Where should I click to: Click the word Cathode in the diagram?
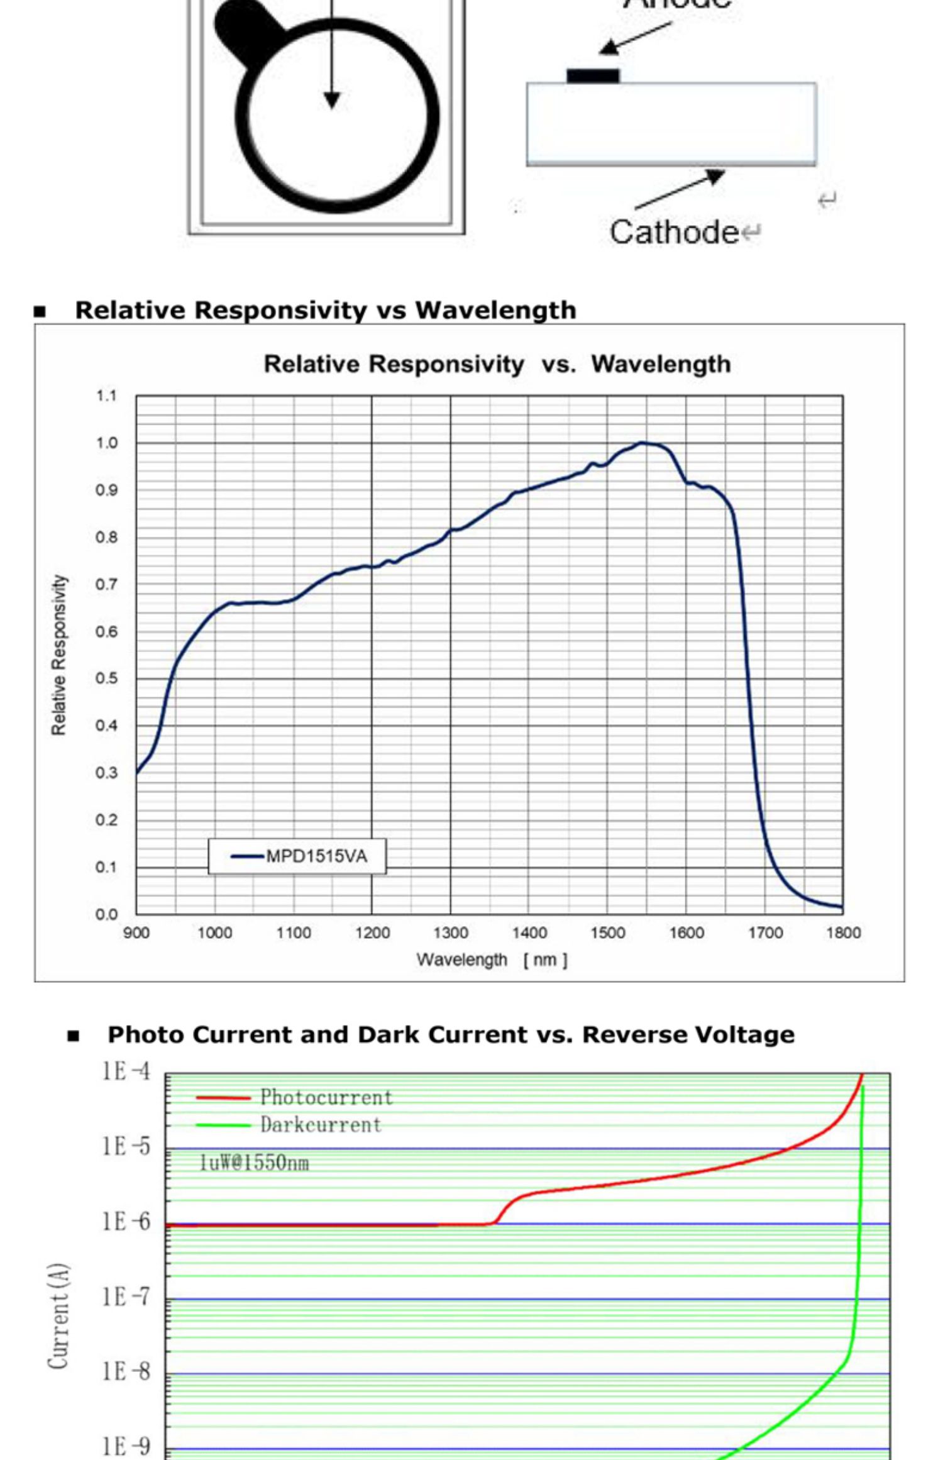pyautogui.click(x=673, y=232)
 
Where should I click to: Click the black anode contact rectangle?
pyautogui.click(x=593, y=76)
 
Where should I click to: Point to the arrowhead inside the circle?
pyautogui.click(x=332, y=100)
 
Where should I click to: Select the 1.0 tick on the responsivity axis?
pyautogui.click(x=107, y=443)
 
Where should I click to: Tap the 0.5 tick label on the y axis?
pyautogui.click(x=107, y=679)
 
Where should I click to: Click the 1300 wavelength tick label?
pyautogui.click(x=450, y=933)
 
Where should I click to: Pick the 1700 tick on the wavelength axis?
pyautogui.click(x=765, y=933)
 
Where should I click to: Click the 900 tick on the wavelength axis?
pyautogui.click(x=136, y=933)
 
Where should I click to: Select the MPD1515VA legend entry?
pyautogui.click(x=298, y=856)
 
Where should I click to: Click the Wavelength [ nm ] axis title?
pyautogui.click(x=492, y=960)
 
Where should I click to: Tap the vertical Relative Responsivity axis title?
pyautogui.click(x=58, y=655)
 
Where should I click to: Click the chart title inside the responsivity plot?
pyautogui.click(x=497, y=365)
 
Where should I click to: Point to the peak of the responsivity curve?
pyautogui.click(x=643, y=443)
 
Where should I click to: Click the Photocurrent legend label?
pyautogui.click(x=326, y=1098)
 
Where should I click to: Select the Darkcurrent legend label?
pyautogui.click(x=321, y=1125)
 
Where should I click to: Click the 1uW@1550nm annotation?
pyautogui.click(x=254, y=1163)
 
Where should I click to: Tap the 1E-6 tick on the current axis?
pyautogui.click(x=127, y=1222)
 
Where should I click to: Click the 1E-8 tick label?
pyautogui.click(x=127, y=1371)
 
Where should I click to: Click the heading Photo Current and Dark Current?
pyautogui.click(x=451, y=1035)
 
